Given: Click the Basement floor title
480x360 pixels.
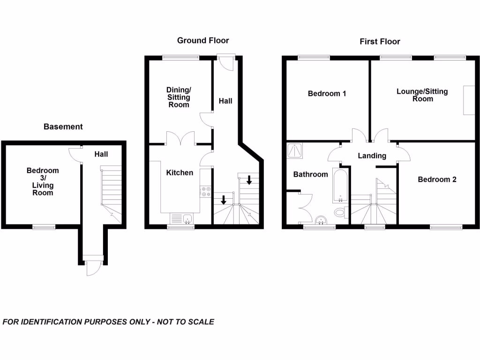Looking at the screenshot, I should tap(63, 127).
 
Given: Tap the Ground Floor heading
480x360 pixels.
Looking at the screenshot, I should tap(203, 41).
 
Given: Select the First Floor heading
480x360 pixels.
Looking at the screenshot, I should tap(380, 42).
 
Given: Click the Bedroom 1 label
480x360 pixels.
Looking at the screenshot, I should tap(327, 94).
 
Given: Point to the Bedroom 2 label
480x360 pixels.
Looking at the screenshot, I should tap(437, 180).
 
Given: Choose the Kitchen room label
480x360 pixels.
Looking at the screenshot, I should tap(180, 173).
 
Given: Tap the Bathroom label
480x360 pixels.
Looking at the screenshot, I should tap(310, 174).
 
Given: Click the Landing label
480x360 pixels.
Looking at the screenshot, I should tap(372, 156).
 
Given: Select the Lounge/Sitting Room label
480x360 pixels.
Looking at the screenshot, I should tap(422, 95).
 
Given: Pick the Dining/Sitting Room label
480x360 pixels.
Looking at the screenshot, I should tap(179, 97).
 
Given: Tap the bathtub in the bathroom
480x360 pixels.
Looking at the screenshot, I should tap(340, 185).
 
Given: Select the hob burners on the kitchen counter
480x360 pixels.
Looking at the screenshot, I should tap(204, 191).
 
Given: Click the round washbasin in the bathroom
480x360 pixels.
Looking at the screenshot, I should tap(322, 220).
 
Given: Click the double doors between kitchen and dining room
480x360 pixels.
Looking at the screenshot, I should tap(181, 138).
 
